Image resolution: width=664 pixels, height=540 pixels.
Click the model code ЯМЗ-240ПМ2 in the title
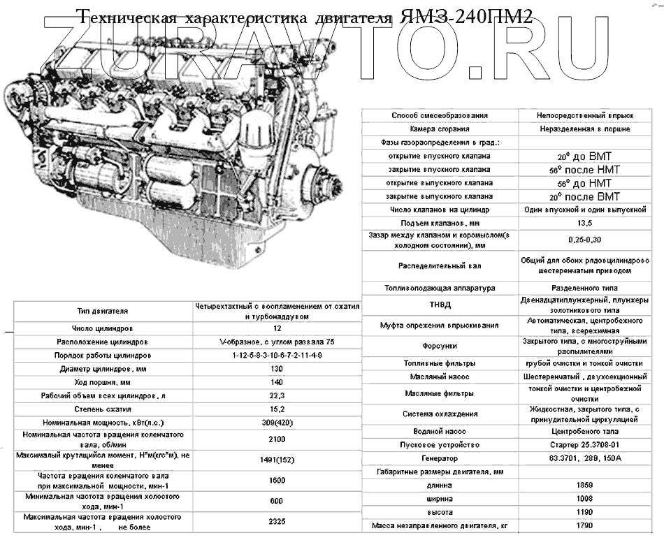pyautogui.click(x=466, y=17)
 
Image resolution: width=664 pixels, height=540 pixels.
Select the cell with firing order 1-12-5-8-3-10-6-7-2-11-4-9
pyautogui.click(x=277, y=356)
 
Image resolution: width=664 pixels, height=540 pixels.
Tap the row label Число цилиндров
pyautogui.click(x=103, y=328)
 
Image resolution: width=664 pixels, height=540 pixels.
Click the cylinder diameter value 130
pyautogui.click(x=277, y=369)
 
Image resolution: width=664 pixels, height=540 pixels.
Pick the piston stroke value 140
pyautogui.click(x=277, y=382)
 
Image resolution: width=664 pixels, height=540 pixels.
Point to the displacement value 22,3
pyautogui.click(x=277, y=396)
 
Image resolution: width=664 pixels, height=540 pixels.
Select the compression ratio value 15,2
pyautogui.click(x=277, y=409)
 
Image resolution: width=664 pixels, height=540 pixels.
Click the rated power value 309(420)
pyautogui.click(x=277, y=423)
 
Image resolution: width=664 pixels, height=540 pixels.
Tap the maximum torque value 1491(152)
pyautogui.click(x=277, y=461)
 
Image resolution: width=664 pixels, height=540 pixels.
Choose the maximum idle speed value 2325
pyautogui.click(x=277, y=522)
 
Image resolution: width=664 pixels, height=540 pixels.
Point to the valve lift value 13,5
pyautogui.click(x=585, y=223)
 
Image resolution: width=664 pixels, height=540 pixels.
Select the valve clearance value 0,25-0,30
pyautogui.click(x=585, y=240)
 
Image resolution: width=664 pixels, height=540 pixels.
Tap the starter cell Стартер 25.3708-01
pyautogui.click(x=585, y=445)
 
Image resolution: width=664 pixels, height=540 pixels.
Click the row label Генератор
pyautogui.click(x=440, y=459)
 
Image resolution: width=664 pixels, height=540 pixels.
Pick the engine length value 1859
pyautogui.click(x=585, y=486)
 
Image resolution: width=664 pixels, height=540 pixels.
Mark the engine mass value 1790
pyautogui.click(x=585, y=525)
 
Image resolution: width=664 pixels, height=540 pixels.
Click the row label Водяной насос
pyautogui.click(x=440, y=432)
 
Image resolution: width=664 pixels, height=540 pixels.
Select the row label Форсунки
pyautogui.click(x=440, y=346)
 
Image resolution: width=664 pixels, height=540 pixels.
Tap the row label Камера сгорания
pyautogui.click(x=440, y=129)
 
